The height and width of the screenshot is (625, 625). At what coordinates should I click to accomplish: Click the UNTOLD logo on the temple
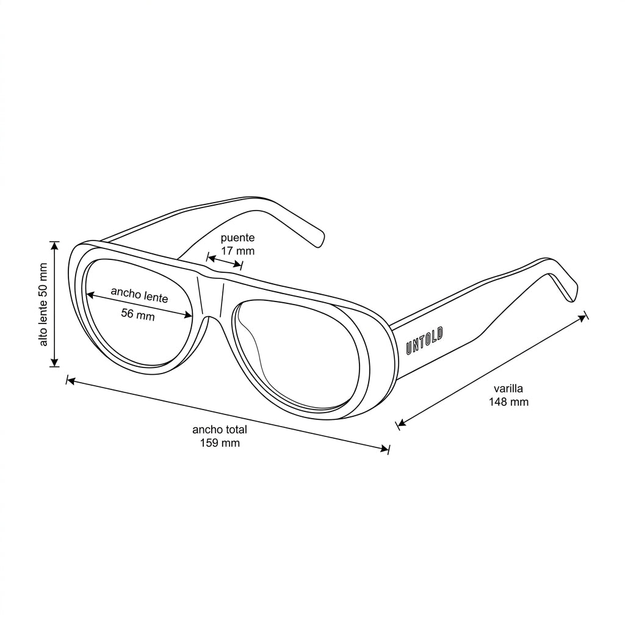[425, 341]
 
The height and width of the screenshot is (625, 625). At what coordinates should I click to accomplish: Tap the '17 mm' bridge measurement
[238, 251]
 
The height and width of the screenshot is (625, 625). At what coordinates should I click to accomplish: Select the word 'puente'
[237, 238]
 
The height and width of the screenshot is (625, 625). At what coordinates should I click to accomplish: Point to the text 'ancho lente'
[140, 295]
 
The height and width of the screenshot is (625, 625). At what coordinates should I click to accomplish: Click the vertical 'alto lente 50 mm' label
[43, 304]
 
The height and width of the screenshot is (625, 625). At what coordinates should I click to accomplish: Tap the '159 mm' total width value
[220, 443]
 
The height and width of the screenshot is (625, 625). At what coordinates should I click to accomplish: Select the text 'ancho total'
[220, 430]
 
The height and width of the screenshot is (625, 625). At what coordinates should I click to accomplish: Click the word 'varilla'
[508, 388]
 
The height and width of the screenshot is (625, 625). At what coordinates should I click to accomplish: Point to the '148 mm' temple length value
[508, 402]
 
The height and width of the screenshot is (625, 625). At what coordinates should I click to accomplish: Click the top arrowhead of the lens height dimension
[54, 245]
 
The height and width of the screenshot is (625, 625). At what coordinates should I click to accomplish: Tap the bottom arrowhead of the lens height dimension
[54, 363]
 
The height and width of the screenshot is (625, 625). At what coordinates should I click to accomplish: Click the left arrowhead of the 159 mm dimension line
[71, 381]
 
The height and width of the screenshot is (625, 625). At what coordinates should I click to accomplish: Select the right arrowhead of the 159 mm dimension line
[385, 449]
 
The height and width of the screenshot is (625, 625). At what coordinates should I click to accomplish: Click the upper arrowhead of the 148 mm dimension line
[583, 317]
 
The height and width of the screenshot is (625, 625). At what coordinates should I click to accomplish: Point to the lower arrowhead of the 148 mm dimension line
[402, 423]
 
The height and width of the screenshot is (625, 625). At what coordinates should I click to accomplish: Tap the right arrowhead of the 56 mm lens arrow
[188, 316]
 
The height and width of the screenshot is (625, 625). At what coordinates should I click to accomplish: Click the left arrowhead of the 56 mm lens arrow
[90, 295]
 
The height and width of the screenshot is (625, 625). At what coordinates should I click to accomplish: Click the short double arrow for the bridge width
[225, 261]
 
